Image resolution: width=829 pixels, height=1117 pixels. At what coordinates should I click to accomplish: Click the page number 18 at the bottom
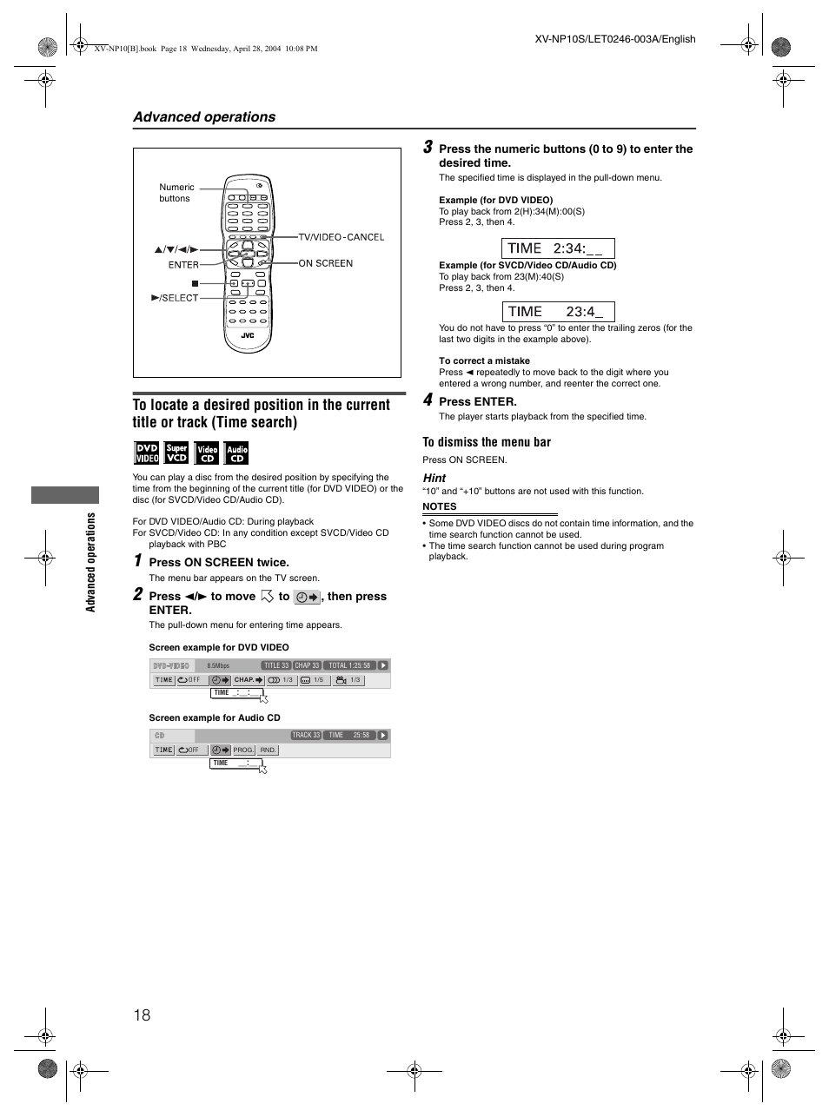point(143,1015)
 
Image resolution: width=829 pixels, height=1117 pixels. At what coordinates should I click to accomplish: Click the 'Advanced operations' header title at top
point(204,117)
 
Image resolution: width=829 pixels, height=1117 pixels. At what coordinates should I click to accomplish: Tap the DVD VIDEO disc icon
point(146,453)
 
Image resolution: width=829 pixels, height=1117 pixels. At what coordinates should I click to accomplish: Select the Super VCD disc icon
point(176,453)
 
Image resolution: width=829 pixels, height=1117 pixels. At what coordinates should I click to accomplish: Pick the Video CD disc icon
point(207,453)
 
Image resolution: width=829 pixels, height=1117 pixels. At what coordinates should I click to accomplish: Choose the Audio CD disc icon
point(236,453)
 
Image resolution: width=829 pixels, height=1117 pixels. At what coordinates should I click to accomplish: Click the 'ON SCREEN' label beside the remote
point(325,263)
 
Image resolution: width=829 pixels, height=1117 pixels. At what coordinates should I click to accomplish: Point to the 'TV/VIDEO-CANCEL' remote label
point(341,237)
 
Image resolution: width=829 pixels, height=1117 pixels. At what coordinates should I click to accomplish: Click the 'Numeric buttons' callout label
point(176,193)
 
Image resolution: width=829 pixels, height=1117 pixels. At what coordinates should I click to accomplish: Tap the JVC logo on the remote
point(248,334)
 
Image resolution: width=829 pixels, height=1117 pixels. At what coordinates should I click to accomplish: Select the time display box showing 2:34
point(557,248)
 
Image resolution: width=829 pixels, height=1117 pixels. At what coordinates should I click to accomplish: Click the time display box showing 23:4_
point(557,312)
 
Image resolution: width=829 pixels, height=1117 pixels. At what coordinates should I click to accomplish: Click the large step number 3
point(428,149)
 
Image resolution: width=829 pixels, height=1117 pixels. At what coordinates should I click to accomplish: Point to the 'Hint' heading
point(434,478)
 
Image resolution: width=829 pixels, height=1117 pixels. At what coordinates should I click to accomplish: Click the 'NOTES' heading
point(439,506)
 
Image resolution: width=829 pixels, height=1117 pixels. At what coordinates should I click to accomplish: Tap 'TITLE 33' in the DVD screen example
point(276,665)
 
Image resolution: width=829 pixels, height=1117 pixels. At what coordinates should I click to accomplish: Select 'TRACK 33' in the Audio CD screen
point(306,735)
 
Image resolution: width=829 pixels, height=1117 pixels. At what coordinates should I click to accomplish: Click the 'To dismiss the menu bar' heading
point(487,442)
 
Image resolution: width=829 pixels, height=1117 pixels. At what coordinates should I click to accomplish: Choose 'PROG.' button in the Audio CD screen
point(243,750)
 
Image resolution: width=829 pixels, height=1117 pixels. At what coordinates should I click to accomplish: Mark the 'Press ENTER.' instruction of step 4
point(477,401)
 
